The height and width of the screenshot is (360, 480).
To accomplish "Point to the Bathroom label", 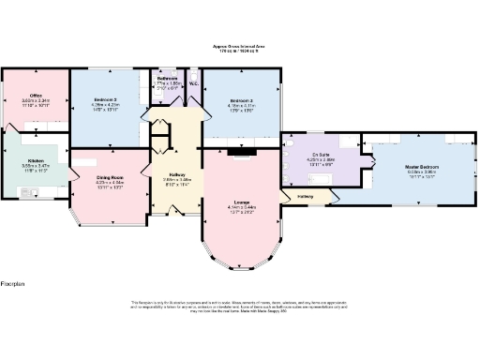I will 168,78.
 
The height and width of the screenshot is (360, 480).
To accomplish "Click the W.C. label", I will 192,82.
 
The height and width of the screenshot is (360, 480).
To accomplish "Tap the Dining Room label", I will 110,177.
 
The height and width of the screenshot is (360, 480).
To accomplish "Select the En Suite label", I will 321,155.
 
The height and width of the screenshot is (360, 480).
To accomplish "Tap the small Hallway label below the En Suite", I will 306,197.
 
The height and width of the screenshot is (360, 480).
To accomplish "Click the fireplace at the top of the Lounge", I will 240,151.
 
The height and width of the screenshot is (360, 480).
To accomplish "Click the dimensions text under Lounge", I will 242,211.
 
